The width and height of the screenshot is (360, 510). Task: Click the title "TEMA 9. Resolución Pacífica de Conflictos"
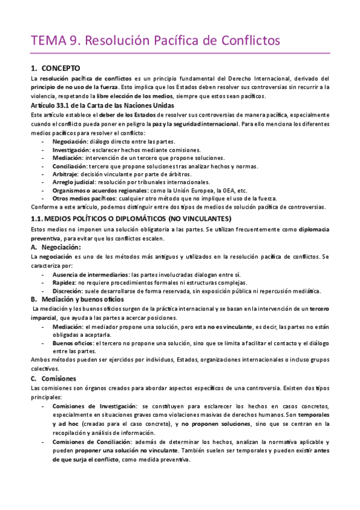click(x=156, y=41)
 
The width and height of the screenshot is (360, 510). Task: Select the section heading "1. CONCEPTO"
click(x=59, y=68)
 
